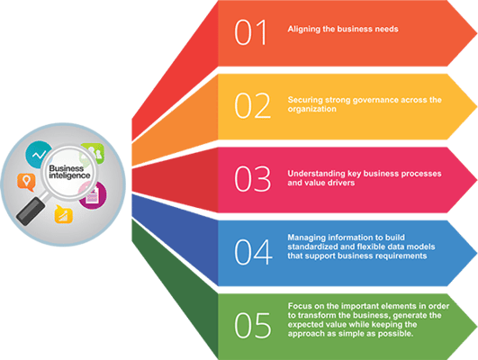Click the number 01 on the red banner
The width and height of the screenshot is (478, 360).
click(250, 32)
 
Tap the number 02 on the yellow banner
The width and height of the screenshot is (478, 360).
click(252, 105)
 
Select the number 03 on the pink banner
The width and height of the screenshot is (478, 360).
click(252, 179)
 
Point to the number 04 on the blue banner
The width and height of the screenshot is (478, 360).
click(253, 252)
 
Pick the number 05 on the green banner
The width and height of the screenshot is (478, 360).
click(252, 325)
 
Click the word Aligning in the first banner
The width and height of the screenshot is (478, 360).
click(303, 30)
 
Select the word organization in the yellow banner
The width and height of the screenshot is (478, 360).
click(311, 110)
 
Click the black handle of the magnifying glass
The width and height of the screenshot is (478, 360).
click(31, 211)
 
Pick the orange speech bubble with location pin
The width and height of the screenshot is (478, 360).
click(26, 182)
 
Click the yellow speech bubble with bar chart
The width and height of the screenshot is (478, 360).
click(63, 214)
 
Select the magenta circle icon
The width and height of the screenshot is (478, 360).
click(94, 195)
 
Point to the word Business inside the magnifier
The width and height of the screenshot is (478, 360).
click(66, 168)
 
